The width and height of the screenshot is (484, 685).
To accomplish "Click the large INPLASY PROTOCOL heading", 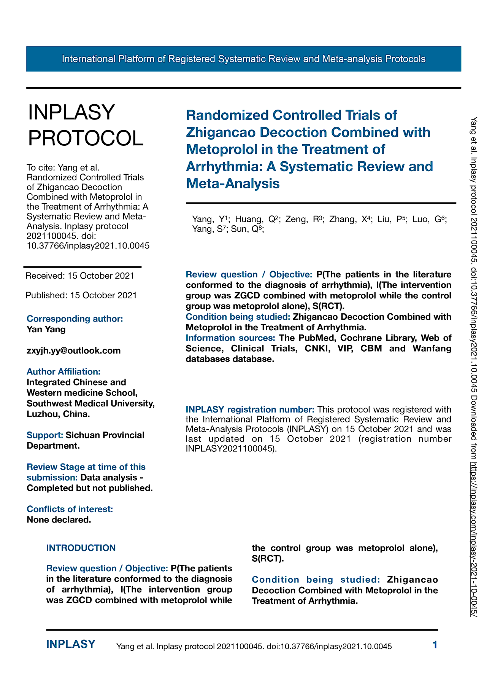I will (86, 125).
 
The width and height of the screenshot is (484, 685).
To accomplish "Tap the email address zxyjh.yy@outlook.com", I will (73, 350).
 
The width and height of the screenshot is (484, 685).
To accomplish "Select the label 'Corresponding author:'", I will (75, 319).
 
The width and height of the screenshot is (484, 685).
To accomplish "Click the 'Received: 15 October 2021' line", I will (80, 276).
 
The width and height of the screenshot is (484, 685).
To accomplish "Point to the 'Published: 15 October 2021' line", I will (81, 295).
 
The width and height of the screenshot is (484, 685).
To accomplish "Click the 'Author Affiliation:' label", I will (63, 372).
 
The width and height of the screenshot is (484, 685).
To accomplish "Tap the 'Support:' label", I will (44, 435).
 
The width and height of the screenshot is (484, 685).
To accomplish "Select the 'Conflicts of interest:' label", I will (70, 509).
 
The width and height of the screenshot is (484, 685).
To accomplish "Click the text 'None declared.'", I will (59, 520).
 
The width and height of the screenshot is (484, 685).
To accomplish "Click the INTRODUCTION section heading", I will (81, 548).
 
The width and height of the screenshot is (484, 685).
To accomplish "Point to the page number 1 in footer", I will (435, 645).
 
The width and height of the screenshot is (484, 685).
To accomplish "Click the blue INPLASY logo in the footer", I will (70, 644).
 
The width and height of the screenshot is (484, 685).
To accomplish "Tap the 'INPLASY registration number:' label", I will (250, 409).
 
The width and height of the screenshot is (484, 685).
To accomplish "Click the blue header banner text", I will (243, 59).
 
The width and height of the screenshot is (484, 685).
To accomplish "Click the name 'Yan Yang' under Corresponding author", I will (46, 330).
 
